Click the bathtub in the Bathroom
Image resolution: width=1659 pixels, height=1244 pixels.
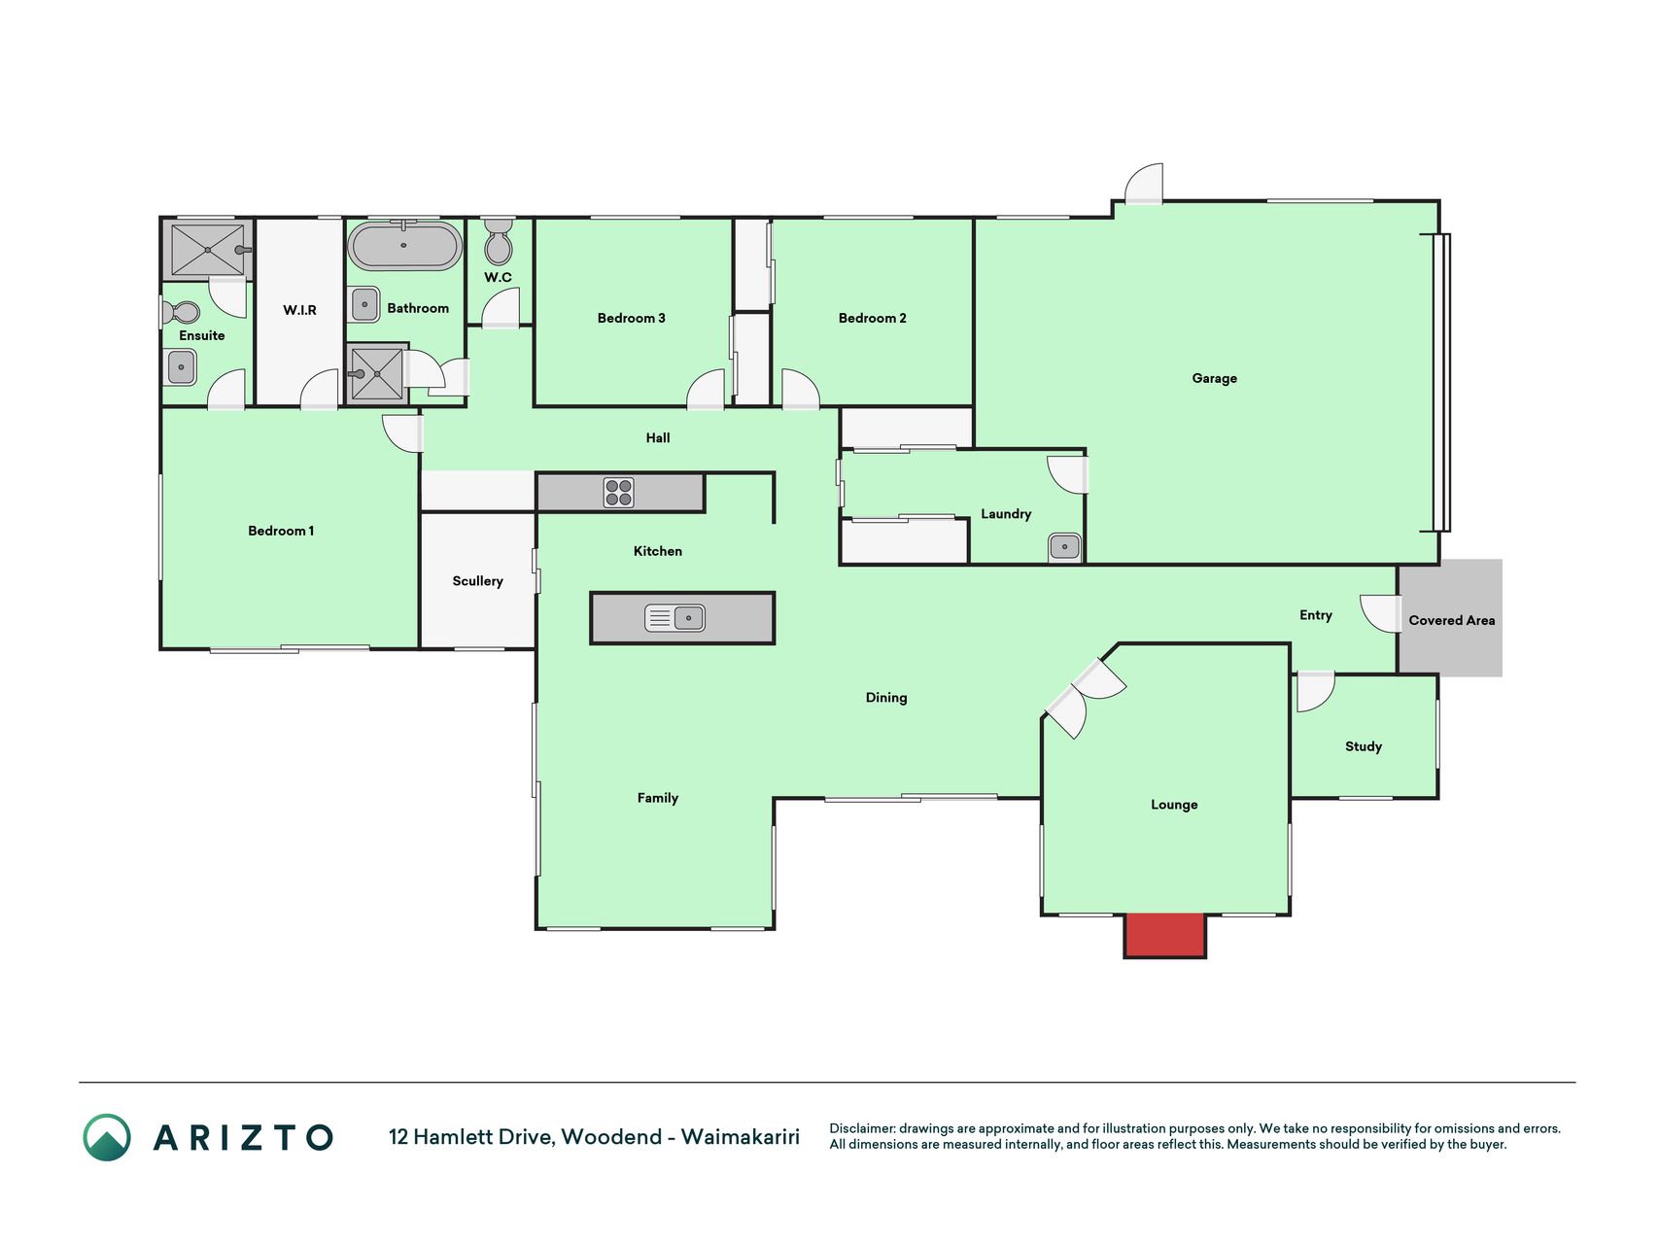coord(404,246)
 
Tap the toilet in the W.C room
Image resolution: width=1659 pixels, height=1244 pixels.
coord(499,241)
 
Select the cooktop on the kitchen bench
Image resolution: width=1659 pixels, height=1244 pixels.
coord(619,493)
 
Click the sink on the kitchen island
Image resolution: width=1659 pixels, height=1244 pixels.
coord(674,617)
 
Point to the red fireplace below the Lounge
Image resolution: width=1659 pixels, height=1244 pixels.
coord(1165,935)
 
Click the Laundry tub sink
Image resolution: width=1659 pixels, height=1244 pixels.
coord(1064,547)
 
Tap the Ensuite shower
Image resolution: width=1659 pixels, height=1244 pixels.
coord(208,250)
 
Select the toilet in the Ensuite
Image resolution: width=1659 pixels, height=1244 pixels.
coord(181,312)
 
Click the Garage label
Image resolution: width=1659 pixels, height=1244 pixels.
coord(1215,378)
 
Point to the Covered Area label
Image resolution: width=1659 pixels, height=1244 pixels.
coord(1452,620)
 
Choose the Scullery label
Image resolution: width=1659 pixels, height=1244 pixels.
coord(477,581)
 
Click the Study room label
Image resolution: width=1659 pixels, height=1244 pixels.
coord(1364,746)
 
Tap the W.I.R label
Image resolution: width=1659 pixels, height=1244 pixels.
coord(299,310)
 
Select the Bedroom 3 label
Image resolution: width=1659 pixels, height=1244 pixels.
coord(632,318)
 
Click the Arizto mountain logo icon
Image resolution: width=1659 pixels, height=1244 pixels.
coord(107,1137)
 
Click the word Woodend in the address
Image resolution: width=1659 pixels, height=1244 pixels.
coord(611,1136)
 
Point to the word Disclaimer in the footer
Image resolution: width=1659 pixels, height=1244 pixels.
coord(862,1128)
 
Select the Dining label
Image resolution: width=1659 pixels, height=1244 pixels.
coord(886,697)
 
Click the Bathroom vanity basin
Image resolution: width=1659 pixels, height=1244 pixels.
coord(364,304)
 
